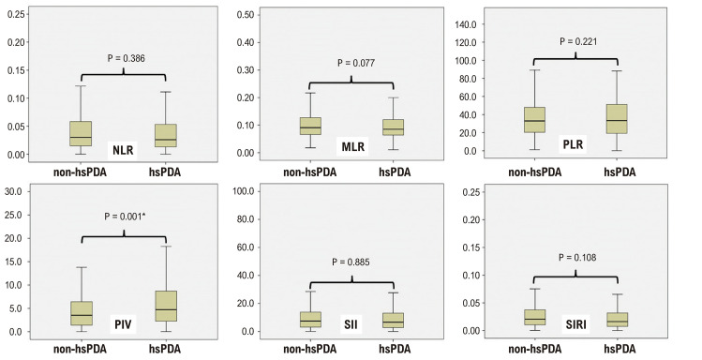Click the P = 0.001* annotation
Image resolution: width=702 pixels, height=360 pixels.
126,217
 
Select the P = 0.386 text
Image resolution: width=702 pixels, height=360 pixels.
127,58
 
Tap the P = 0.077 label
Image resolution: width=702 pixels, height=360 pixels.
356,63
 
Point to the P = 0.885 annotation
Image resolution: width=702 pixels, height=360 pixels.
351,262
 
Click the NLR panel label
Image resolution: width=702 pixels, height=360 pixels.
123,150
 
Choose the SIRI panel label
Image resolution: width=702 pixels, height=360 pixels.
575,324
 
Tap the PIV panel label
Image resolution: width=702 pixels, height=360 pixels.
123,324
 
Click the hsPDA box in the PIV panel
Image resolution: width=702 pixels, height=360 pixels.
166,306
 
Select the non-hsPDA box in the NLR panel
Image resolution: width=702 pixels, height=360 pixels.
81,133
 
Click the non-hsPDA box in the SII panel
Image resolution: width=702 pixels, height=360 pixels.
310,320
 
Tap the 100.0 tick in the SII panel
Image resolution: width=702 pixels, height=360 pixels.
245,191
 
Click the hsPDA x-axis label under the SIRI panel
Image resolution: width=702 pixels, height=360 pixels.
620,349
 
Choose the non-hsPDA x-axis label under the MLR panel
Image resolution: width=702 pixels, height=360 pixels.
310,172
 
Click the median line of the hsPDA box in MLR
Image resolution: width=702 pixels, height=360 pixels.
393,129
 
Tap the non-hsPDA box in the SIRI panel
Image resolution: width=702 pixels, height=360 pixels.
534,318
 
